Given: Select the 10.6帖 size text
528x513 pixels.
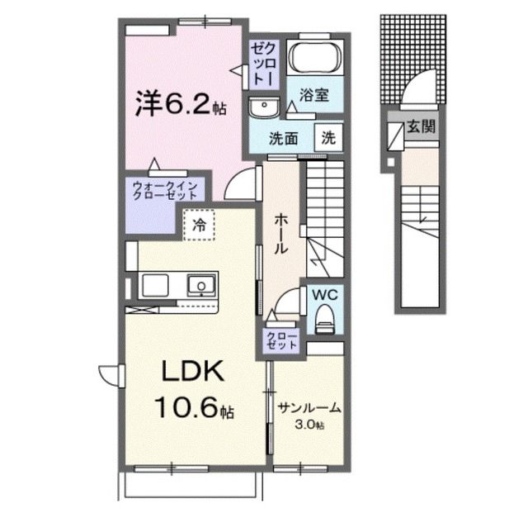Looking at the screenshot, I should click(192, 408).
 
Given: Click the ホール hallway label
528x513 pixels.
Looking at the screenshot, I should click(280, 232).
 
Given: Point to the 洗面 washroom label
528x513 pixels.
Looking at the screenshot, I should click(284, 138).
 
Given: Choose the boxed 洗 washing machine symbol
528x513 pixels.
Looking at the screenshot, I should click(328, 137).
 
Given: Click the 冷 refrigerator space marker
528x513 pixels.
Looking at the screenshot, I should click(199, 223).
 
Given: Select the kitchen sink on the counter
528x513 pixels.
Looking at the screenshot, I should click(200, 286).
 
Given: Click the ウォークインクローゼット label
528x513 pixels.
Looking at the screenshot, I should click(161, 193).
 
